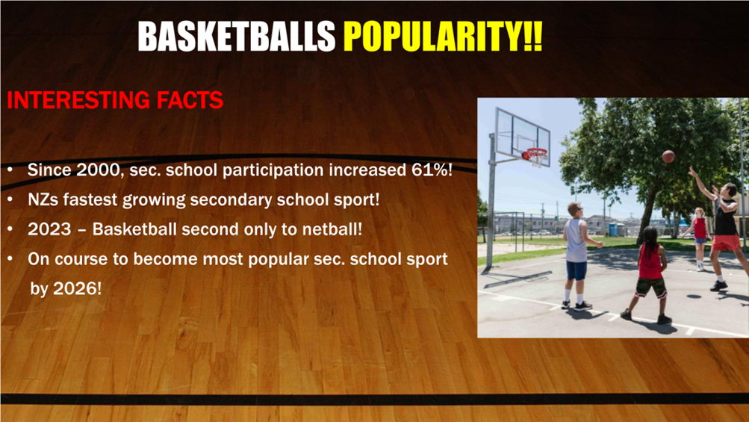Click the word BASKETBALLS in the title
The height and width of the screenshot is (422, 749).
pos(237,37)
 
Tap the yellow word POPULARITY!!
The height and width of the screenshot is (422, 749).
pos(444,37)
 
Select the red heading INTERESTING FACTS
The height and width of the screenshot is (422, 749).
pos(115,100)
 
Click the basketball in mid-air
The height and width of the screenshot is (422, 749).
pos(668,156)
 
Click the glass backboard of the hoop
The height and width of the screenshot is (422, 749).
pos(522,134)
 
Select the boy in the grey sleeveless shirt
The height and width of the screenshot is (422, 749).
pos(578,255)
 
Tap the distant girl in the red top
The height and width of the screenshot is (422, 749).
pos(699,238)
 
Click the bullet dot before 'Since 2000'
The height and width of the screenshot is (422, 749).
pos(10,170)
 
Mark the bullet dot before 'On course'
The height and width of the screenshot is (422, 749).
pos(10,259)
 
